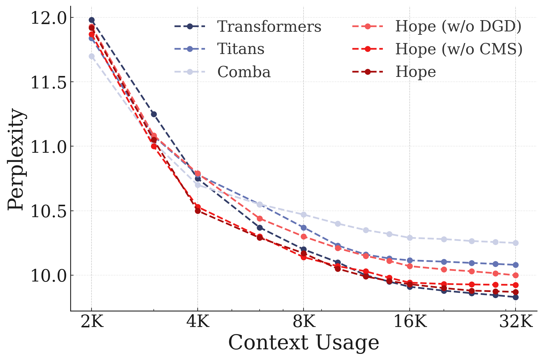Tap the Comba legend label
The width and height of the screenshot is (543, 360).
(x=244, y=72)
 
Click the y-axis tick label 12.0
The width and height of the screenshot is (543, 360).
(x=48, y=18)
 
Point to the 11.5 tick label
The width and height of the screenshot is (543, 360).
(x=48, y=82)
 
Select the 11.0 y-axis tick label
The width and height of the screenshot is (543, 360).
(x=48, y=146)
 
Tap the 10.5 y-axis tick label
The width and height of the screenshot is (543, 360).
(x=48, y=211)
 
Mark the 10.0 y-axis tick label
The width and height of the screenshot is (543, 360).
(x=48, y=275)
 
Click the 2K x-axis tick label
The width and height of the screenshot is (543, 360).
(x=92, y=322)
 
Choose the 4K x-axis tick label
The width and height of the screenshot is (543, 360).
(x=198, y=322)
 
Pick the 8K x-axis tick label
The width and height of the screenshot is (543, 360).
(x=304, y=322)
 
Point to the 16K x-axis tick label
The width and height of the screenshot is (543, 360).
(x=410, y=322)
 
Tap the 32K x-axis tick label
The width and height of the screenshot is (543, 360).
(x=516, y=322)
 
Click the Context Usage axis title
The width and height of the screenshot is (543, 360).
(x=304, y=343)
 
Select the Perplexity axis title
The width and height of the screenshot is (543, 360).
(x=16, y=159)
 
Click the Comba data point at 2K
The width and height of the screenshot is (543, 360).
(x=92, y=56)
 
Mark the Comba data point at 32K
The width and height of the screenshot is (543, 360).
(x=516, y=243)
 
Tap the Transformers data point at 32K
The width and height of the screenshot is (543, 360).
(x=516, y=297)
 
